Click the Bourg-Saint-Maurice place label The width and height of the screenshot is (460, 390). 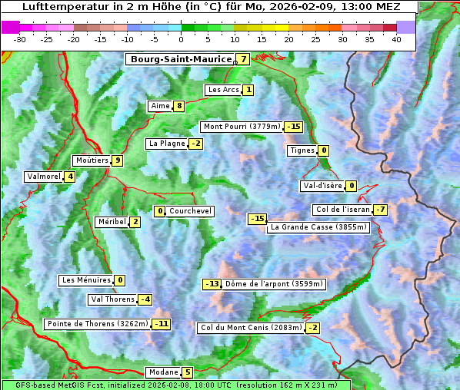point(181,59)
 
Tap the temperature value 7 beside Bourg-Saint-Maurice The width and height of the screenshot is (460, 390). point(243,59)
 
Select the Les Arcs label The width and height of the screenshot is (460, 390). point(224,90)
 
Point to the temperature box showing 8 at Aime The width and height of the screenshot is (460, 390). point(178,106)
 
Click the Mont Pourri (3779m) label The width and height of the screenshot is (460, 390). point(241,127)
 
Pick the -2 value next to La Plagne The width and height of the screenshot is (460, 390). point(195,144)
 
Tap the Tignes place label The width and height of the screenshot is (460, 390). point(302,150)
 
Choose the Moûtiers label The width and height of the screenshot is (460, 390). point(92,160)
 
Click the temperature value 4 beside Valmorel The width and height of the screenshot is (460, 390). point(70,177)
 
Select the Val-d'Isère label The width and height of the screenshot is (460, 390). point(322,186)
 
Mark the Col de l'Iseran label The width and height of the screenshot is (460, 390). point(342,210)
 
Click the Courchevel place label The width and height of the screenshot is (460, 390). point(190,211)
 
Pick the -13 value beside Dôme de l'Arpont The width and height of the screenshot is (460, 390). point(212,284)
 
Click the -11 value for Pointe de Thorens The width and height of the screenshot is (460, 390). point(161,324)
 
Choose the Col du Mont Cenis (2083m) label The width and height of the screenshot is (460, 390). point(250,328)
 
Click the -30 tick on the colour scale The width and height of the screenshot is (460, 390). point(20,38)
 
